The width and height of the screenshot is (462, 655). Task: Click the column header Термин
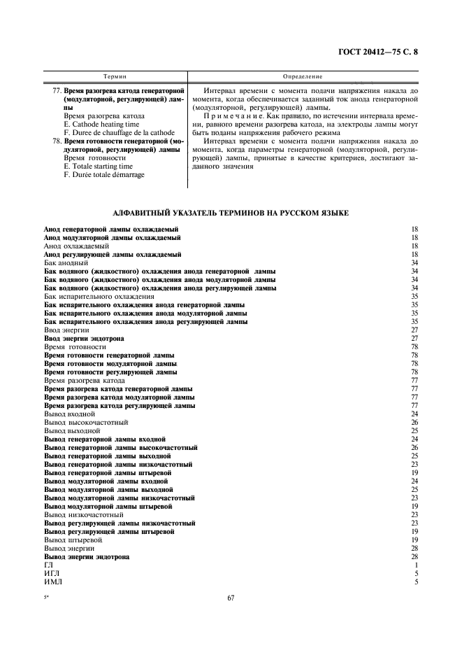tap(115, 75)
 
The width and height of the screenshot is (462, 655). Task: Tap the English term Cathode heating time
tap(96, 124)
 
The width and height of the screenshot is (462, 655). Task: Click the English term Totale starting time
tap(98, 167)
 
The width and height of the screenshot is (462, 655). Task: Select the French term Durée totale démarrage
tap(104, 175)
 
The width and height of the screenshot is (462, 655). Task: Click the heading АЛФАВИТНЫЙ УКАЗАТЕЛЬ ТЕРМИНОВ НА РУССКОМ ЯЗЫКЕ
tap(231, 212)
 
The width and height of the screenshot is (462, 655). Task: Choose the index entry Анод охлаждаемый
tap(76, 246)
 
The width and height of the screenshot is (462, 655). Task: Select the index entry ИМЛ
tap(52, 582)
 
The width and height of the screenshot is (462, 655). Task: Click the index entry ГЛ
tap(48, 565)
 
